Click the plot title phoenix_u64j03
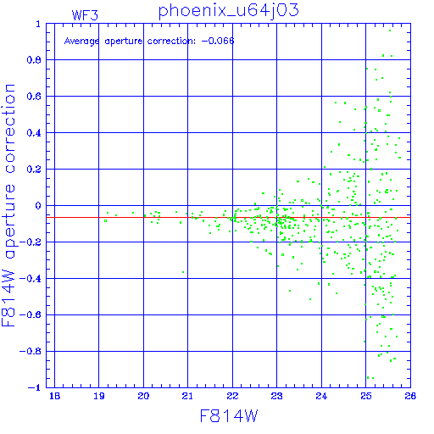click(228, 11)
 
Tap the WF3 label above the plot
click(85, 15)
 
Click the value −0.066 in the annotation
click(218, 41)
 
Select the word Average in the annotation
click(81, 42)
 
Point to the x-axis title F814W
click(229, 416)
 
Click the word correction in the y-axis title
click(9, 129)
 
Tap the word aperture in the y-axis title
click(10, 221)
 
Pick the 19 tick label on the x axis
click(99, 396)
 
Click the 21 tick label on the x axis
click(187, 396)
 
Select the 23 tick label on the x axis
click(276, 396)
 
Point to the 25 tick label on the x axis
click(366, 396)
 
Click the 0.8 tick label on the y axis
click(34, 60)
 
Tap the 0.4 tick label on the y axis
click(34, 133)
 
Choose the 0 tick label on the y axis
click(38, 206)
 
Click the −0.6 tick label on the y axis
click(31, 314)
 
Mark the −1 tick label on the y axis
click(35, 387)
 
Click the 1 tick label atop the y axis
click(38, 24)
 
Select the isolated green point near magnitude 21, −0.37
click(183, 272)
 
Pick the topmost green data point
click(390, 31)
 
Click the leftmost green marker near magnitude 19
click(105, 221)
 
